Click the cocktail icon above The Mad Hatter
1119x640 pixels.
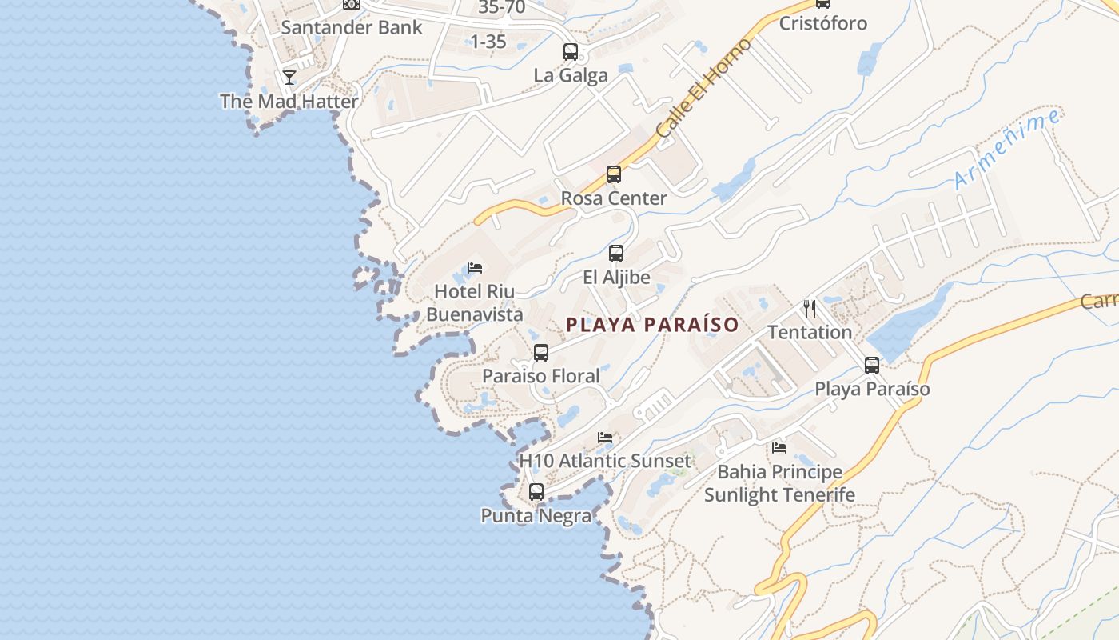click(x=289, y=78)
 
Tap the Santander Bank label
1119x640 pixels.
click(x=351, y=26)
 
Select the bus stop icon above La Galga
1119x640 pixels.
click(x=571, y=52)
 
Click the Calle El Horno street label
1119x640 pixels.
click(x=703, y=87)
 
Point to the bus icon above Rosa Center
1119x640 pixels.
click(x=614, y=174)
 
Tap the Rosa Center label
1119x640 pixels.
click(x=614, y=198)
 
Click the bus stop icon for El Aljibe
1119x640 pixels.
click(x=616, y=254)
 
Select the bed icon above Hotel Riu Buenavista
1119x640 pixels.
click(x=475, y=267)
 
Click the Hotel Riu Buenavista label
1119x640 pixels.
click(x=475, y=302)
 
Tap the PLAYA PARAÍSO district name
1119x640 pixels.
click(x=652, y=325)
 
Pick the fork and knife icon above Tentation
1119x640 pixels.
click(x=810, y=308)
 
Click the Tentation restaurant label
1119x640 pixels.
click(x=810, y=332)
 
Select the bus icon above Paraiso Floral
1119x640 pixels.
click(x=541, y=353)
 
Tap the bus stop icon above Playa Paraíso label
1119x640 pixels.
click(x=872, y=366)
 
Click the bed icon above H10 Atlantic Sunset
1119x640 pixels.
click(x=605, y=437)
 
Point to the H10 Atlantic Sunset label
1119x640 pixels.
click(x=605, y=461)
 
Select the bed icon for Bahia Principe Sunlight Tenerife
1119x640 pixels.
click(x=779, y=447)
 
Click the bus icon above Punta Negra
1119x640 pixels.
click(x=536, y=492)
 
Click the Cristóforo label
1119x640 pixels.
click(x=822, y=23)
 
